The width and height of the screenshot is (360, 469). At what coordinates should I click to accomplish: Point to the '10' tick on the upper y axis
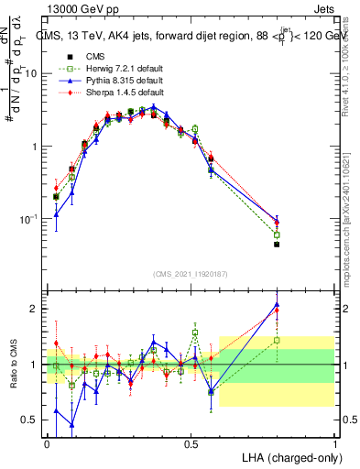click(33, 73)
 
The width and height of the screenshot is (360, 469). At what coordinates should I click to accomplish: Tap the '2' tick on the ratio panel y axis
click(36, 309)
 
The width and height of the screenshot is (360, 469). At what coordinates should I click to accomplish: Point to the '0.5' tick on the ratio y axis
click(31, 420)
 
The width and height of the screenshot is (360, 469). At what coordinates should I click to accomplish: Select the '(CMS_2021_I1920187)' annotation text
click(191, 272)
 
